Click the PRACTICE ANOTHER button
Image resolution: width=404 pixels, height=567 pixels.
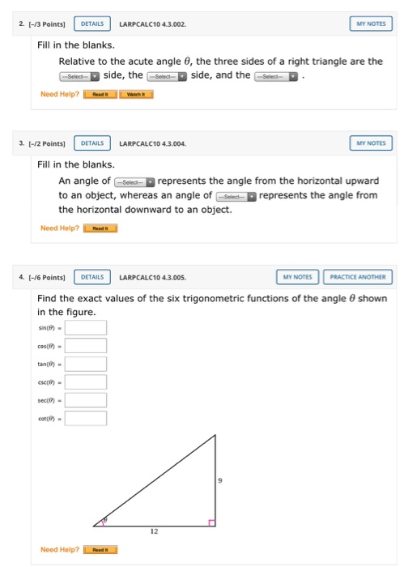pos(358,278)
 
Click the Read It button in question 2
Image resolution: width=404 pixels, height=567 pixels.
pos(100,94)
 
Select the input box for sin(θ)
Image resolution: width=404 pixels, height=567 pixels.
pos(86,328)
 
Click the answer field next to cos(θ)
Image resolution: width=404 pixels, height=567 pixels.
pos(86,346)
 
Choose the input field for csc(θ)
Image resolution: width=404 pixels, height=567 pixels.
pos(86,382)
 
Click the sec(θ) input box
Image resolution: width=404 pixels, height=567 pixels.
pos(86,400)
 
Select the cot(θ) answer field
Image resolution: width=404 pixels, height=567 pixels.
pos(86,418)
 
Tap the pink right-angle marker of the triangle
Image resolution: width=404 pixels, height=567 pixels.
pos(211,522)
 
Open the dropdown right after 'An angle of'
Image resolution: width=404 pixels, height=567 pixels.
pos(134,181)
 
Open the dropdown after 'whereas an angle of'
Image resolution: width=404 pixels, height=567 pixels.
pos(236,195)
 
